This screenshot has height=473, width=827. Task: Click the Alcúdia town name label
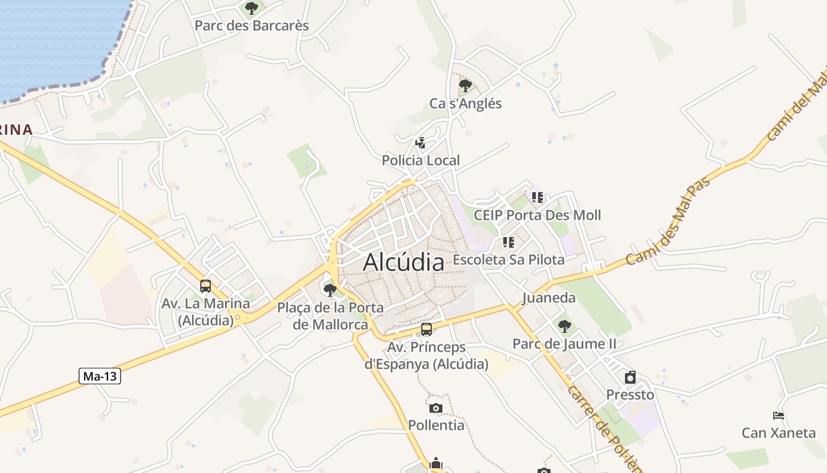(403, 262)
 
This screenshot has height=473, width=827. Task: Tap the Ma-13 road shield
(100, 375)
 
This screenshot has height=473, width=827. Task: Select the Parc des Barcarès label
(252, 26)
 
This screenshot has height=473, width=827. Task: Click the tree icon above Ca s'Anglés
(465, 86)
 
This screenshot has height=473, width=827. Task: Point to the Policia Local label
(421, 160)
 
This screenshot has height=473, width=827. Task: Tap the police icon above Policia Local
(421, 142)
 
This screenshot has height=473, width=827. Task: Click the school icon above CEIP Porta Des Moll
(537, 197)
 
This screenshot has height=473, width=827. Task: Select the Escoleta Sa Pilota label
(509, 260)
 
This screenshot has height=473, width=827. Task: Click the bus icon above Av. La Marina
(206, 286)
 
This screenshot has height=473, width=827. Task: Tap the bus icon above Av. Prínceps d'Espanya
(426, 329)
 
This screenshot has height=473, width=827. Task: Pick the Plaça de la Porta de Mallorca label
(330, 316)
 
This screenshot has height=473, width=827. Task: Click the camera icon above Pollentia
(436, 408)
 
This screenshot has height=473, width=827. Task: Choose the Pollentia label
(437, 425)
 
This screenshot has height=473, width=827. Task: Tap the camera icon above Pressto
(630, 377)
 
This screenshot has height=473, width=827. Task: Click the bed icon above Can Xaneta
(779, 416)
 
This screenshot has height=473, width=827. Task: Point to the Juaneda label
(549, 297)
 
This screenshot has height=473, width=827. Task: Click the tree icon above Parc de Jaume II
(565, 326)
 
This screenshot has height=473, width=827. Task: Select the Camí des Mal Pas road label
(668, 221)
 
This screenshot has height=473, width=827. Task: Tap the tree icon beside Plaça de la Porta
(330, 290)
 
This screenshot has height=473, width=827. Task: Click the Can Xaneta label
(779, 433)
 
